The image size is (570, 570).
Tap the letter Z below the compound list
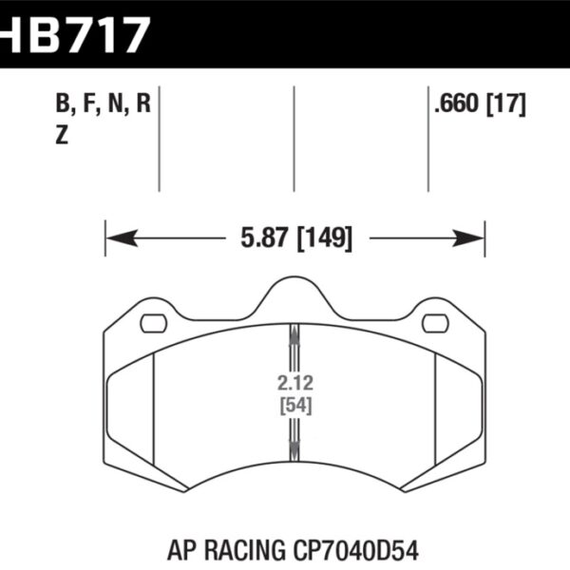click(x=62, y=136)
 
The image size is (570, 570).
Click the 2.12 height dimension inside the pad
click(x=294, y=386)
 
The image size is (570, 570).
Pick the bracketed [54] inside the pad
click(x=294, y=406)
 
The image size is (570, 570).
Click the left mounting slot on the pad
click(x=153, y=324)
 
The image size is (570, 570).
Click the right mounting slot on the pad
click(x=435, y=324)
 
